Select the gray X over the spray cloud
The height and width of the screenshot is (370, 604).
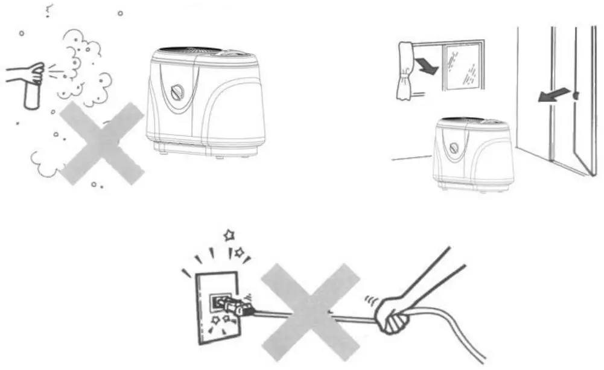[102, 143]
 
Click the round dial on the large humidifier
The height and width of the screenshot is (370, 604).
[178, 93]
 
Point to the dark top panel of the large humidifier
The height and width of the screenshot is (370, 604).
[193, 49]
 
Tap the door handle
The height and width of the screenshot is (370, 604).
[576, 96]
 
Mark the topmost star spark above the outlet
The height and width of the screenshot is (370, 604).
[229, 235]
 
